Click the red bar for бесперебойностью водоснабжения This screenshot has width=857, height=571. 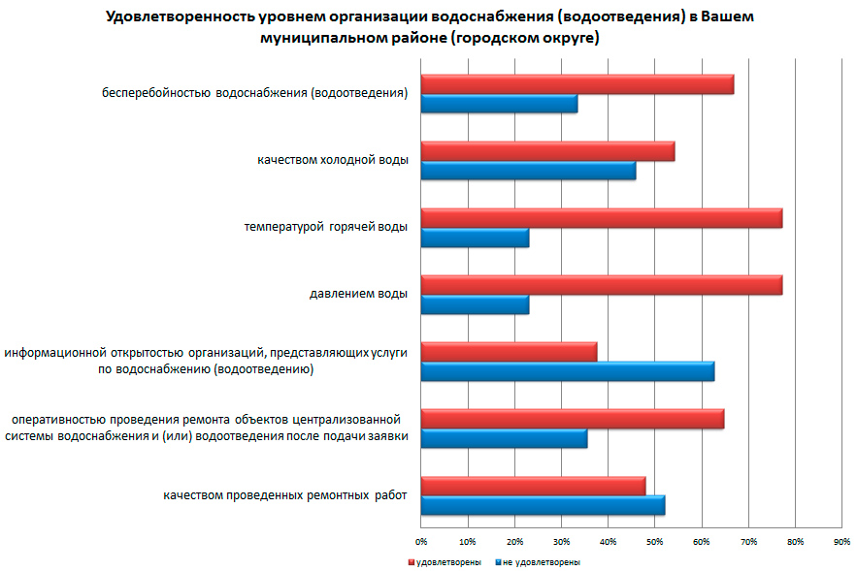click(x=577, y=84)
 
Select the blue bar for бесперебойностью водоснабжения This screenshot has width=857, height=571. click(x=499, y=104)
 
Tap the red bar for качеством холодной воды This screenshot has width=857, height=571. click(x=547, y=151)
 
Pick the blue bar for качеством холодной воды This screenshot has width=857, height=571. click(x=528, y=171)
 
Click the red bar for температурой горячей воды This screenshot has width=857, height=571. click(x=602, y=218)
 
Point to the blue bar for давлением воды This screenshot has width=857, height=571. click(x=475, y=304)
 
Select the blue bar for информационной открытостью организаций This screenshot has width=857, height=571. click(x=568, y=371)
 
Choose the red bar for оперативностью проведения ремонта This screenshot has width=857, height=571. click(x=573, y=419)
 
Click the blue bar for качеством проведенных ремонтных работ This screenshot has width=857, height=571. click(x=543, y=505)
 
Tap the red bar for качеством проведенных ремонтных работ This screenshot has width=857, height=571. click(x=533, y=486)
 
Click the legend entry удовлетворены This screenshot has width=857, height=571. click(x=446, y=561)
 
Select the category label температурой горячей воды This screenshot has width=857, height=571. click(x=325, y=227)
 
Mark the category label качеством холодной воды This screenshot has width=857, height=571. click(x=333, y=160)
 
